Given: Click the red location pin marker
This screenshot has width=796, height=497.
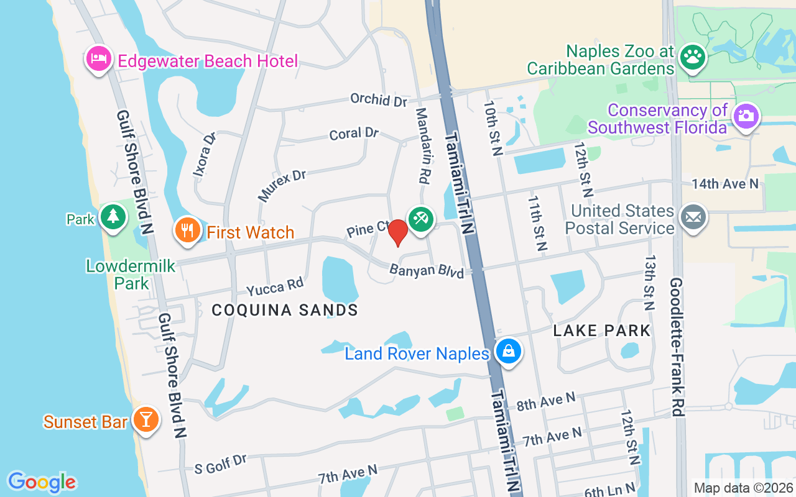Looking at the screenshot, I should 397,232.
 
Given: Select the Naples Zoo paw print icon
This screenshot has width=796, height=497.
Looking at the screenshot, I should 692,57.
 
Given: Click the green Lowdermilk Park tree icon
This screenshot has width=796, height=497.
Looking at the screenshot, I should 113,217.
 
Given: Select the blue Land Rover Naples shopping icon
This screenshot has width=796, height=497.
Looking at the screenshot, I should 509,351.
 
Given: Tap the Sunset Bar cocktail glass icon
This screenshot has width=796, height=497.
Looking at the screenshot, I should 146,420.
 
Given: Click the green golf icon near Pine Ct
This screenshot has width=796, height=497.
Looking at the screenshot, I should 421,218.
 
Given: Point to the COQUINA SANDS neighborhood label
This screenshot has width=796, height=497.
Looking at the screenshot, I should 285,310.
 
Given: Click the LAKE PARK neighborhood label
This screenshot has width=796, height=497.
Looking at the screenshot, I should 602,331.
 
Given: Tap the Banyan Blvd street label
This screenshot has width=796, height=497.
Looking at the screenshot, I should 427,271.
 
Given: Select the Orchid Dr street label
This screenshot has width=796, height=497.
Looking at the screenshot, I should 378,99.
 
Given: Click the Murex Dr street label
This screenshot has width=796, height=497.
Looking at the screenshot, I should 282,185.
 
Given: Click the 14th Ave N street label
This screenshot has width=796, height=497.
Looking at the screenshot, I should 725,183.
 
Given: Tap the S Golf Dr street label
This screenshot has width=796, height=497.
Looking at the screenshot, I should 221,464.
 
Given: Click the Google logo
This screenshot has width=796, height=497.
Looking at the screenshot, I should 42,482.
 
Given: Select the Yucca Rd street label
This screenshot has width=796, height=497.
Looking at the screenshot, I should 274,287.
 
